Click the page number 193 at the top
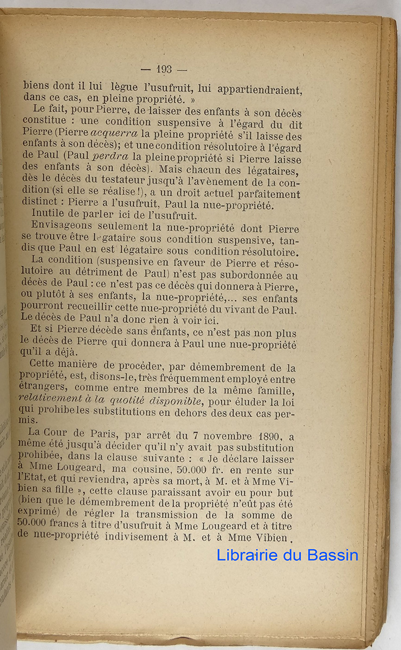pos(163,69)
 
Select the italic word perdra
pos(112,156)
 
